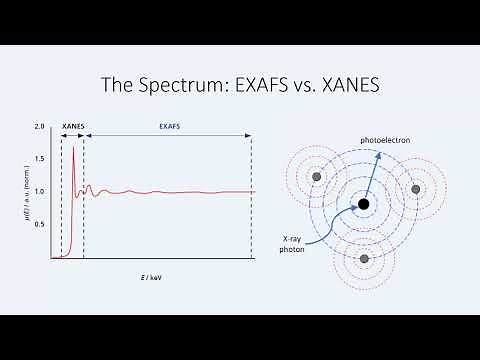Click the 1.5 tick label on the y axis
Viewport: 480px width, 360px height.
pos(40,159)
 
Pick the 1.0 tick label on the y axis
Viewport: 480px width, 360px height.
pos(40,191)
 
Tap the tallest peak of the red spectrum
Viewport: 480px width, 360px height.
pos(73,148)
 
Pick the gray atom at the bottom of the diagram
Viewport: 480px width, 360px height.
pos(364,259)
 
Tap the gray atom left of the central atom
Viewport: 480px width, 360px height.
pos(316,177)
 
